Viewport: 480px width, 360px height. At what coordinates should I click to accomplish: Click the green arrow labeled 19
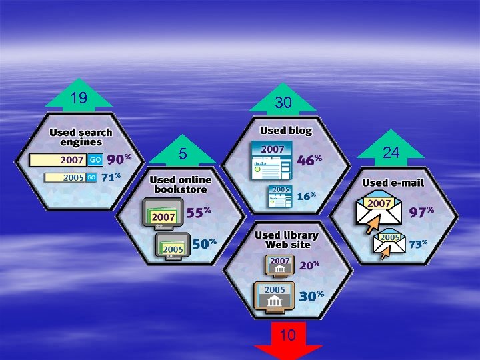79,99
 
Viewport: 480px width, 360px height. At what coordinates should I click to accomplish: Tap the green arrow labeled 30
283,101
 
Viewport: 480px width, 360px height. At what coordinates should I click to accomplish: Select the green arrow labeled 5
183,154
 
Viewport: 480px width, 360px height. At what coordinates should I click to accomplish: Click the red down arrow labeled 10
288,337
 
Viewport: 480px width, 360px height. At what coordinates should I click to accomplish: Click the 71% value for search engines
111,177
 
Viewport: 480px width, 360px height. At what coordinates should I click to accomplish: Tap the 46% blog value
309,160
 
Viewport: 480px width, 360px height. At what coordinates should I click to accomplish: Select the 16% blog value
306,196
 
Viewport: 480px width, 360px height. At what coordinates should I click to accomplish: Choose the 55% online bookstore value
198,213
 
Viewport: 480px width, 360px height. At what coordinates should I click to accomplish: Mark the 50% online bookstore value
203,244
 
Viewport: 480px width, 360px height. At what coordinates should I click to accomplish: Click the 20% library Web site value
309,265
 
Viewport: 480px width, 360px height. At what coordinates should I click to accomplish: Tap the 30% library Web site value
311,296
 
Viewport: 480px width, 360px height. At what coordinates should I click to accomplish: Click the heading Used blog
285,131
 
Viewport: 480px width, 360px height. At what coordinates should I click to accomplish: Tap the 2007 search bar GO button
95,160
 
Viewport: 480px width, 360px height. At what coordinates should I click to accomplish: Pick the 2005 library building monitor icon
274,297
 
